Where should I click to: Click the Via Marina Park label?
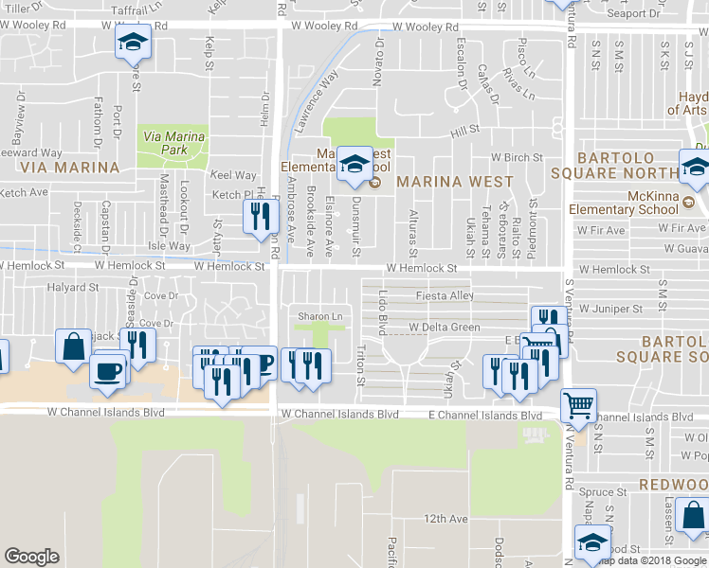click(173, 143)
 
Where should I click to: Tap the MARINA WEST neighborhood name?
click(454, 181)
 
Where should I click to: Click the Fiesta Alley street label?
click(445, 295)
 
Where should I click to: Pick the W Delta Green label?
click(445, 328)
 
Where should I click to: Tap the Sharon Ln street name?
click(318, 316)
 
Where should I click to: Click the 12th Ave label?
click(446, 519)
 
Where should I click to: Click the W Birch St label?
click(516, 158)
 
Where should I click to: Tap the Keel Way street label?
click(233, 175)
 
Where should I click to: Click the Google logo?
click(31, 557)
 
